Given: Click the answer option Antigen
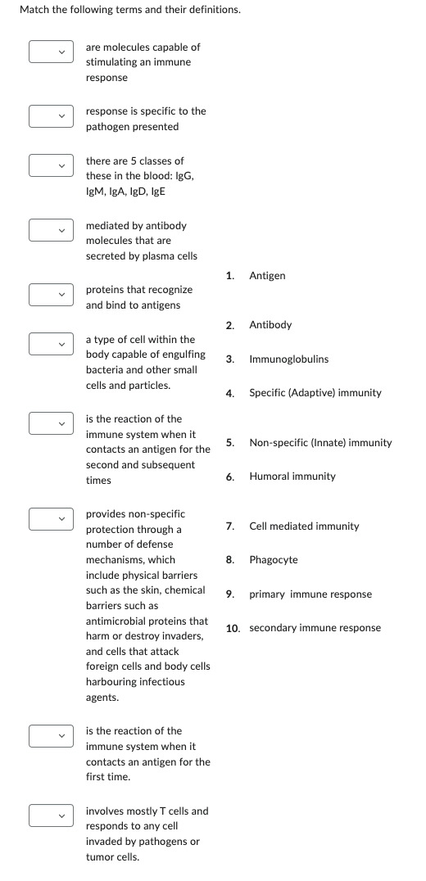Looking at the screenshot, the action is [267, 275].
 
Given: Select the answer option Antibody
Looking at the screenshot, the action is [270, 325].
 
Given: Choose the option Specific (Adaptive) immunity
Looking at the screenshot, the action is [315, 393].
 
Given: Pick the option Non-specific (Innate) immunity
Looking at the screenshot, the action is [320, 443].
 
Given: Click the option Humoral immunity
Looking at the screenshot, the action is [292, 477].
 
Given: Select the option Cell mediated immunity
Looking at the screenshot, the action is [304, 526].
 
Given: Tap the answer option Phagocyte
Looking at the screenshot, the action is [274, 560].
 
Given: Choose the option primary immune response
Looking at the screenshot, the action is [310, 594].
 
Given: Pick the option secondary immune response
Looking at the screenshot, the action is [315, 628].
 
